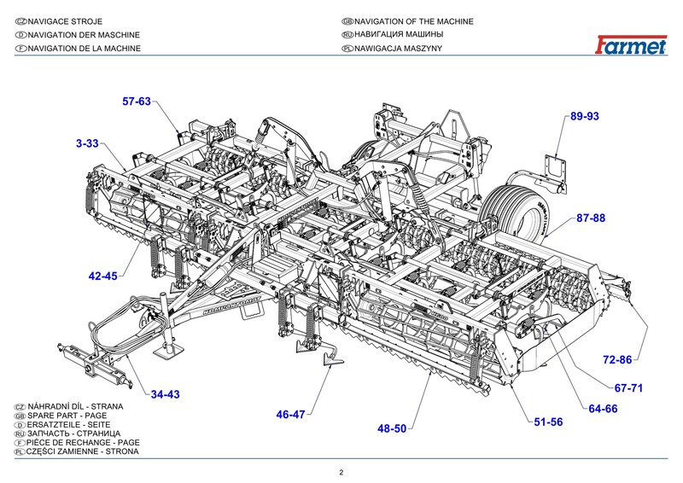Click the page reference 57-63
point(137,102)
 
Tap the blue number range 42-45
point(103,276)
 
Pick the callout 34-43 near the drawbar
point(165,394)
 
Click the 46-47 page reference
point(290,415)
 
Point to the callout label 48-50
point(392,428)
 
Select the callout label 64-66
point(603,409)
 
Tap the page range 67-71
point(628,387)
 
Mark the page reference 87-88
point(591,218)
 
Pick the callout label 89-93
point(586,115)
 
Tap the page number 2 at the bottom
point(341,472)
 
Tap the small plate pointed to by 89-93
point(555,166)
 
